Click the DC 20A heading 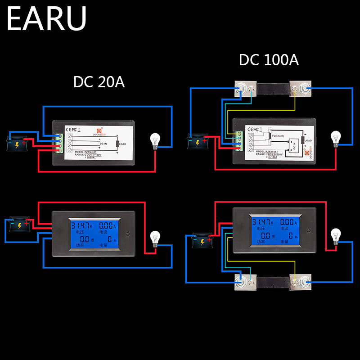click(x=99, y=82)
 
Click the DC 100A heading click(x=269, y=60)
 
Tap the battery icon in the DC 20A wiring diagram click(x=18, y=144)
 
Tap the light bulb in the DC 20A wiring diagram click(x=155, y=141)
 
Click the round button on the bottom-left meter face click(x=130, y=234)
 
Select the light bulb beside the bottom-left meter click(x=155, y=238)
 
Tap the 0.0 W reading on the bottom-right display click(x=265, y=235)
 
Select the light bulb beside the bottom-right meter click(x=335, y=236)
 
